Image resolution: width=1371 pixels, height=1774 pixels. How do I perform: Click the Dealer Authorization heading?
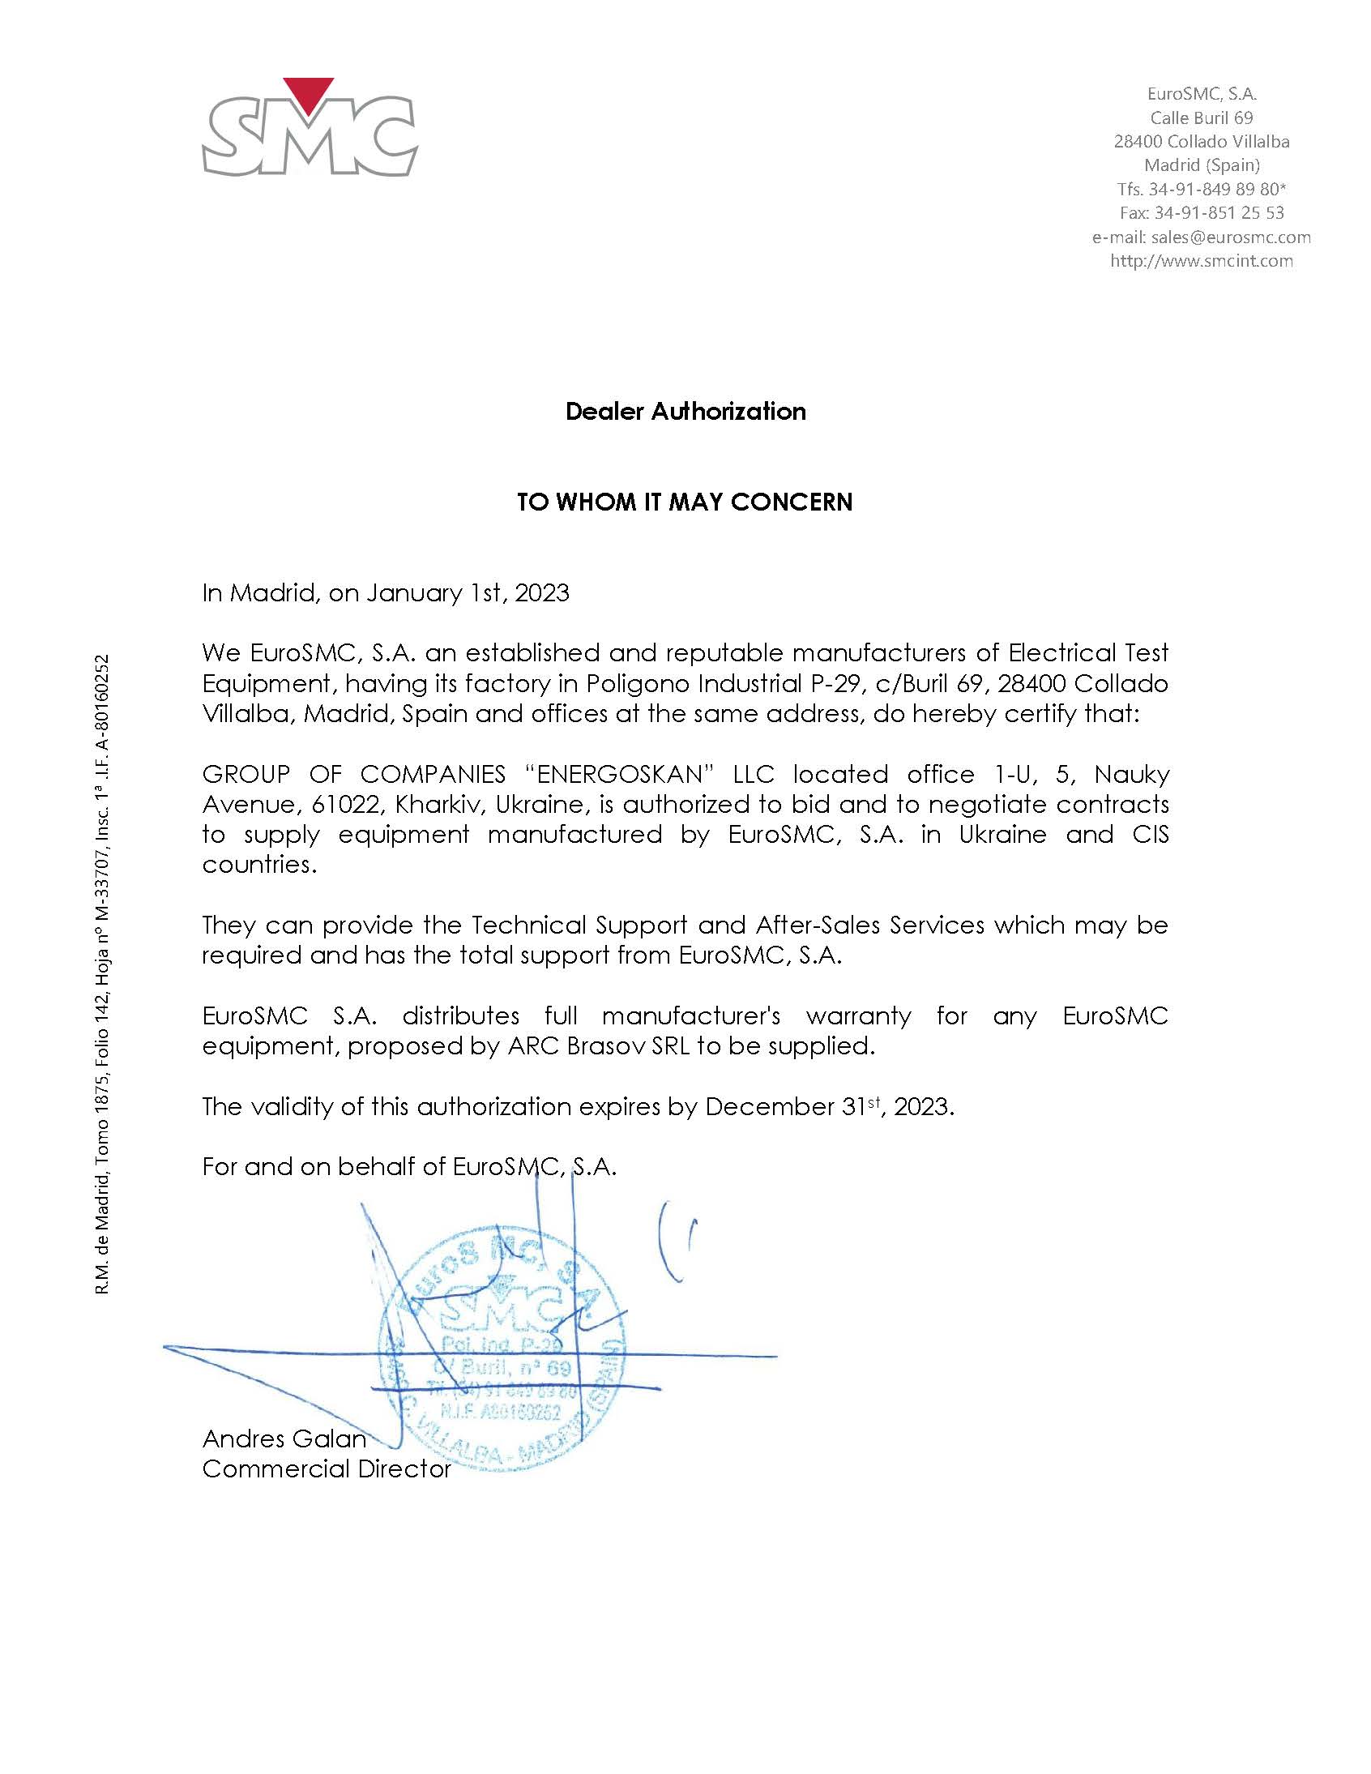(x=685, y=412)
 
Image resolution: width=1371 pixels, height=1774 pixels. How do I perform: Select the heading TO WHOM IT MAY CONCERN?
(x=685, y=502)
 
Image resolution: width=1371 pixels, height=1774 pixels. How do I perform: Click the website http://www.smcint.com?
(x=1202, y=261)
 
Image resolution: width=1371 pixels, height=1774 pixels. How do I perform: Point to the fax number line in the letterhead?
(x=1202, y=213)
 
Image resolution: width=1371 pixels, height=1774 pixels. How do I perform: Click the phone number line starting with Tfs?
(x=1202, y=190)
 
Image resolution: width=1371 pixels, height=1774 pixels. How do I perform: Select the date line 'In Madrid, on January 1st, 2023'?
(x=386, y=593)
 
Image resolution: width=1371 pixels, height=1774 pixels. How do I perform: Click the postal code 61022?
(x=346, y=804)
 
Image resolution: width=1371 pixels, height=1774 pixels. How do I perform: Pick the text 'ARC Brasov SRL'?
(x=599, y=1045)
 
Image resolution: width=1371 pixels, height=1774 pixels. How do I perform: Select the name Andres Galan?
(x=284, y=1438)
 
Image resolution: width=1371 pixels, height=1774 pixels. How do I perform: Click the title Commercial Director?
(x=327, y=1468)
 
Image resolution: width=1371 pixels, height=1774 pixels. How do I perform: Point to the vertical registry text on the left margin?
(x=102, y=974)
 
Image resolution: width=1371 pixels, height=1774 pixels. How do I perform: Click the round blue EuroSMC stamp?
(x=501, y=1353)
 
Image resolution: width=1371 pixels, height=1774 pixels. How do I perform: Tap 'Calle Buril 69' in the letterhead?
(x=1202, y=118)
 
